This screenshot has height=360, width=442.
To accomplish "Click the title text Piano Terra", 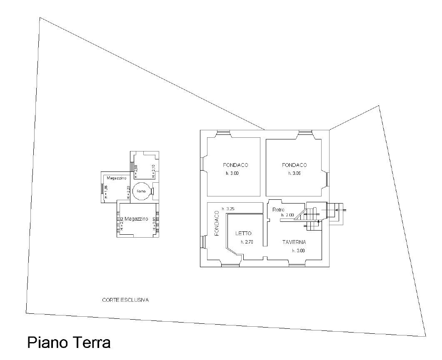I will tap(69, 343).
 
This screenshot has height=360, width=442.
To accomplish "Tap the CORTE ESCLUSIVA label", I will tap(125, 300).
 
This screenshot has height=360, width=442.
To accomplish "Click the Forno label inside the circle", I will tap(141, 191).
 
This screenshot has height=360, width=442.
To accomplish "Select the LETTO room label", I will tap(243, 233).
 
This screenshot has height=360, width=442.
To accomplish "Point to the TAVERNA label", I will tap(294, 242).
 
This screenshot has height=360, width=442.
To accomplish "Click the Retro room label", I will tap(278, 209).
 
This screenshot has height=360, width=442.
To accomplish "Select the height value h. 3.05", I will tap(294, 173).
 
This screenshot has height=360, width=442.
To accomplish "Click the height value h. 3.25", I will tap(229, 209).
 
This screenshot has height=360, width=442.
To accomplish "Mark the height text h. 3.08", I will tap(298, 251).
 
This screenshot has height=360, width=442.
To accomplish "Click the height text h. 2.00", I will tap(287, 215).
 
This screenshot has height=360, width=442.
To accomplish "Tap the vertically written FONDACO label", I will tap(217, 223).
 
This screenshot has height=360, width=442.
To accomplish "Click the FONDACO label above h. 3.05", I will tap(294, 165).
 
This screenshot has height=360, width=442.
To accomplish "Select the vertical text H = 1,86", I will tap(106, 192).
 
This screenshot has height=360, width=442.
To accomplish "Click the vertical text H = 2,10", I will tap(153, 171).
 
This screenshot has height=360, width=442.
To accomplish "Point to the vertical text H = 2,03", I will tap(154, 224).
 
